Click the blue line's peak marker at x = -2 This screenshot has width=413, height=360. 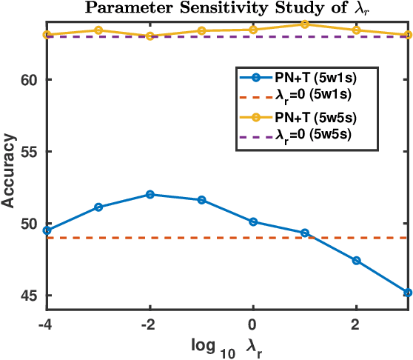[150, 194]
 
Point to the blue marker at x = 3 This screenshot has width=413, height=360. [408, 293]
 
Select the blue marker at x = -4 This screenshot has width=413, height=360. [47, 230]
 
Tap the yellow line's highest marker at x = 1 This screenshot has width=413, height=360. [305, 24]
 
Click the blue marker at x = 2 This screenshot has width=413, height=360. [357, 261]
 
